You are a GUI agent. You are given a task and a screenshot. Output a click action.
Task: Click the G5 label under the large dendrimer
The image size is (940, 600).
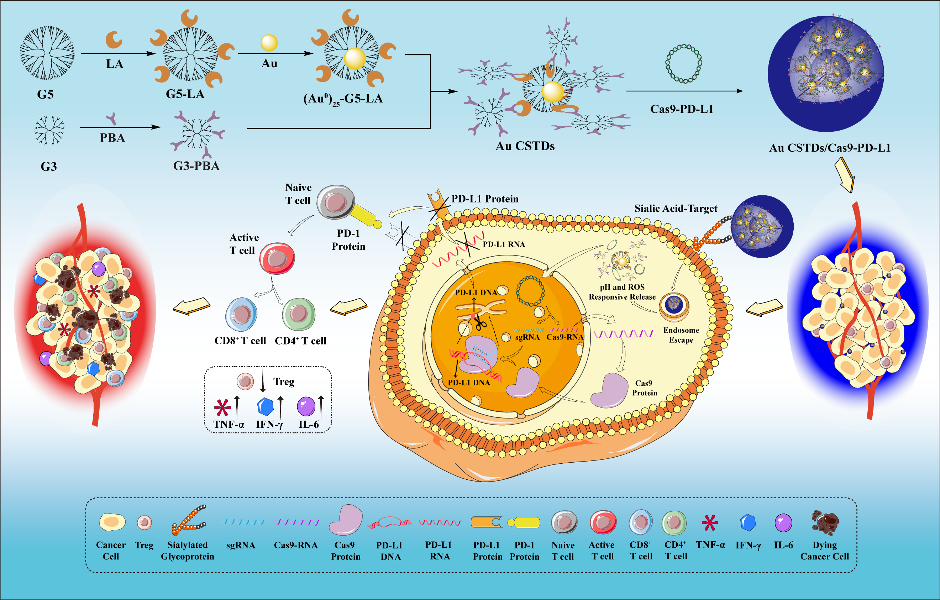click(x=45, y=94)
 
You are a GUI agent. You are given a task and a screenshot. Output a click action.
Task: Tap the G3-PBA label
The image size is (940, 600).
click(x=196, y=166)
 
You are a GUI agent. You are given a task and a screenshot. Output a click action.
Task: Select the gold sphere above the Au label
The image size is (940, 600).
click(x=269, y=43)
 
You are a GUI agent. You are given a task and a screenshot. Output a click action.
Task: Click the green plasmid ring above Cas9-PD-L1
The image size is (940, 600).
click(x=683, y=64)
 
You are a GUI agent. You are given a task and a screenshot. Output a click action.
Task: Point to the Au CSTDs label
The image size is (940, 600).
click(x=525, y=146)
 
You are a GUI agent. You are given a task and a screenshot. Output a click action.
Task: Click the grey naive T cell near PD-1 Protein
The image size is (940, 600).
click(x=335, y=202)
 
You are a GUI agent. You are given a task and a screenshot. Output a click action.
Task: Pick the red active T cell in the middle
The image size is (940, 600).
click(x=277, y=258)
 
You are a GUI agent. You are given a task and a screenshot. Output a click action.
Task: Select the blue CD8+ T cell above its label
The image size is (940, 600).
click(x=241, y=314)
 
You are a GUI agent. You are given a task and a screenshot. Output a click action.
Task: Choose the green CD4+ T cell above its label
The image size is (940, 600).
click(x=299, y=314)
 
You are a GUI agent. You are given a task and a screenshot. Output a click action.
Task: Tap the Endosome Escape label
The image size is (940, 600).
click(x=681, y=335)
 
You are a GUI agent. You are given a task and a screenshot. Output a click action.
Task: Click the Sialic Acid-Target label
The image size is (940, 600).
click(x=676, y=209)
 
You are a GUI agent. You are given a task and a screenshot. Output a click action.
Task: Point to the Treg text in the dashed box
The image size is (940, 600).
click(x=284, y=381)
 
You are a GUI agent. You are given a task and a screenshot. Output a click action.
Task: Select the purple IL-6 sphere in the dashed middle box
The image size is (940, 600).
click(x=306, y=406)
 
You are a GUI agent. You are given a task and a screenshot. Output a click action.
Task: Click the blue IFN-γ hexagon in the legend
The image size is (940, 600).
click(x=748, y=523)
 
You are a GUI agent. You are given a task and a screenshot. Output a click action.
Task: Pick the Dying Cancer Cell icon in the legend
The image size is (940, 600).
click(x=825, y=522)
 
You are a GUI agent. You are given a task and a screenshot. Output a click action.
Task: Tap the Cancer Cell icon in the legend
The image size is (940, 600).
click(x=112, y=522)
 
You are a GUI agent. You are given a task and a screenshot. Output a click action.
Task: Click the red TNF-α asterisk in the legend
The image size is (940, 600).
click(x=710, y=523)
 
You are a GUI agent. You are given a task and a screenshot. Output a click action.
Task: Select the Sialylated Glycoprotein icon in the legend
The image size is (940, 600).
click(x=188, y=521)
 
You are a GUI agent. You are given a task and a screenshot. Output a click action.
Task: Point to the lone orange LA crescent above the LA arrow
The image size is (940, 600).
click(x=114, y=40)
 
